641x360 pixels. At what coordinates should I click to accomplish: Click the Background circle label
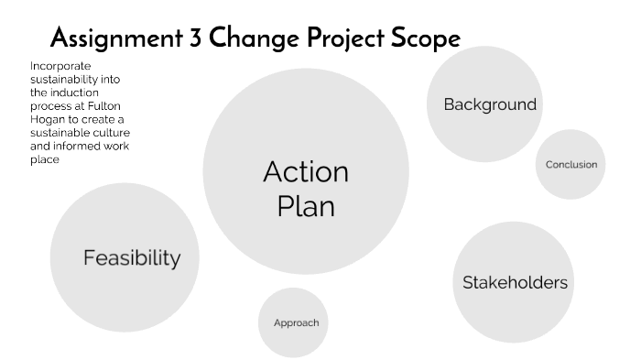point(490,104)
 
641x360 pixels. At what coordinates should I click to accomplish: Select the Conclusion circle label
point(570,165)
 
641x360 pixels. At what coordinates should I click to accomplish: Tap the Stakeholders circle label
point(515,282)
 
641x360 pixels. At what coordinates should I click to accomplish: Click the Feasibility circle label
point(132,258)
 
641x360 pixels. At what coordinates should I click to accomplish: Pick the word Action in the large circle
point(306,172)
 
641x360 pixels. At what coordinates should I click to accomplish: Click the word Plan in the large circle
point(306,206)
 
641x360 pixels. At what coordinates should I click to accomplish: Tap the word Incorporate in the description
point(60,66)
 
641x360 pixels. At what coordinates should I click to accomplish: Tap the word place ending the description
point(45,159)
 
